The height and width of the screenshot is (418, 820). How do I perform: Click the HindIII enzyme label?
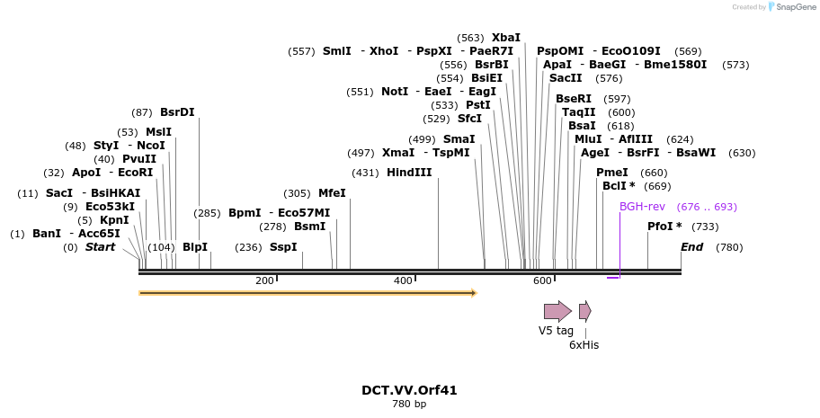point(409,173)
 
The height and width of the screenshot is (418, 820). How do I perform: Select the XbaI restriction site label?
point(505,38)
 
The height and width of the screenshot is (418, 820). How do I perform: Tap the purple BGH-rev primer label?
point(642,207)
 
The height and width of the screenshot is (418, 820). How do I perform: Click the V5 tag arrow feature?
point(557,312)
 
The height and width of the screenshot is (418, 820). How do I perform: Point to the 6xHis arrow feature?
point(584,312)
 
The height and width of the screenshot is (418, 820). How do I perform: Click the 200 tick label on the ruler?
point(264,281)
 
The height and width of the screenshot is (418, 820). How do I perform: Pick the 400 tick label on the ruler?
point(403,281)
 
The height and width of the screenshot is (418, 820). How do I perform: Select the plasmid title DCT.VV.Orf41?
point(409,390)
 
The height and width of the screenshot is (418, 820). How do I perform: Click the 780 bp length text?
point(409,405)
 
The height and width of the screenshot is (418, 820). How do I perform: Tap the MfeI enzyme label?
point(332,193)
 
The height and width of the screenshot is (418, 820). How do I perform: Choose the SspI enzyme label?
point(283,247)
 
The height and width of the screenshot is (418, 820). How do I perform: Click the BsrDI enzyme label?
point(177,112)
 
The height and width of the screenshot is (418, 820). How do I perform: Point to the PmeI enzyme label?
point(612,173)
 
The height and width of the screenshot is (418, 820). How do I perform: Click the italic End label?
point(691,247)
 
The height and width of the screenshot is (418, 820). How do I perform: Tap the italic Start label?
point(100,247)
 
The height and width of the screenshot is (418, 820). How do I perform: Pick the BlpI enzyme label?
point(195,247)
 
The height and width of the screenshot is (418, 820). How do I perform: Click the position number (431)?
point(365,173)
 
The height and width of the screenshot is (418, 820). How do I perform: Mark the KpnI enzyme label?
point(114,220)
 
